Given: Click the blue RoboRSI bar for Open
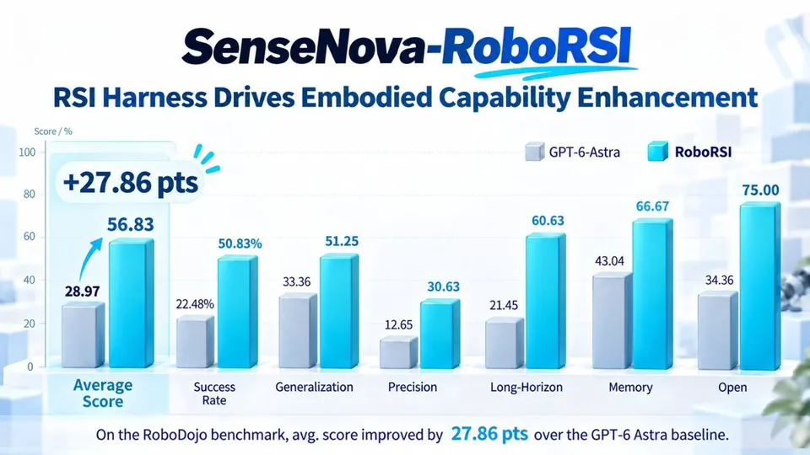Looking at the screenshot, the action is coord(760,286).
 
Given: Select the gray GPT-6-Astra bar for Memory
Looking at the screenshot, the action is coord(613,320).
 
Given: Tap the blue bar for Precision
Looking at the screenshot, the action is coord(440,334).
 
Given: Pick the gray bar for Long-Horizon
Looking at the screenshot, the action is coord(505,343).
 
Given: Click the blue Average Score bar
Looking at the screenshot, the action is coord(132,302).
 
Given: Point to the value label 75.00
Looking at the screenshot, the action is coord(760,190).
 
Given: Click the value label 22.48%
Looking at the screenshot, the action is coord(195,304).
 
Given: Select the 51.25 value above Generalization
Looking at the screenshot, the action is coord(342,242).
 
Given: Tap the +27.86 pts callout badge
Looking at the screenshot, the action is coord(130,183).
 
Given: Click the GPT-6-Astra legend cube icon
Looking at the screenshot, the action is coord(535,152).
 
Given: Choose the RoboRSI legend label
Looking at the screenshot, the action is coord(703,152).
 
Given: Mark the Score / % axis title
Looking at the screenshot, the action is coord(53,131).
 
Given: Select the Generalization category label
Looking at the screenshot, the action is coord(314,387).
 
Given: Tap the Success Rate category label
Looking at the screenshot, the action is coord(214,393).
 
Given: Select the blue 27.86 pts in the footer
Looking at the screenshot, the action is coord(489,434).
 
